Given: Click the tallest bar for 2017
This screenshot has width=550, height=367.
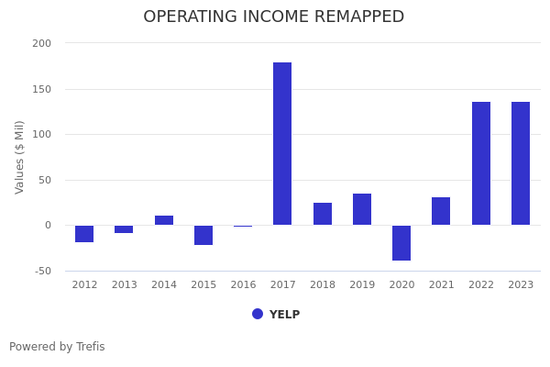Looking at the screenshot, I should [x=282, y=143].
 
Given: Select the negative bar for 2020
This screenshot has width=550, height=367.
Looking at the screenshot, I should [x=401, y=243].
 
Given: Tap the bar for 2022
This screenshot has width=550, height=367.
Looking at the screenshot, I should [x=481, y=163].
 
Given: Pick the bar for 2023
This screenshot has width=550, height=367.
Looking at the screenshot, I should [x=521, y=163].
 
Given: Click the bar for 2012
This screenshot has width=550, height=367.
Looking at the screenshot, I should [x=84, y=234].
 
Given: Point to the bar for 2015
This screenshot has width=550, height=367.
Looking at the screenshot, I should [x=203, y=235].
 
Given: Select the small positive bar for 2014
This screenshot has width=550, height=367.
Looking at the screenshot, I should [x=164, y=220].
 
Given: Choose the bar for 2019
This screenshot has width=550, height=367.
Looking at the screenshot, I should [x=362, y=209].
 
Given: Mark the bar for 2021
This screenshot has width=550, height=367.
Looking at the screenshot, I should [x=441, y=211].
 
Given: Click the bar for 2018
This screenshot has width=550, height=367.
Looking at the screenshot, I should [x=323, y=214].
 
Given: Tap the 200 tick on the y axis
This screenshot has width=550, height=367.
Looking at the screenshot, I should [x=42, y=43].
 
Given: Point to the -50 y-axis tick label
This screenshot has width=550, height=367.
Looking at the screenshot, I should [x=42, y=271].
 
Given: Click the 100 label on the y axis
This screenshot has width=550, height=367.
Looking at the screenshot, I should [x=42, y=134].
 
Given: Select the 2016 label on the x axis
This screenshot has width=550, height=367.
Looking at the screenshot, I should [x=243, y=285].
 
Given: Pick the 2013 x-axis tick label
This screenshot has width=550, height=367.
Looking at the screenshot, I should [x=124, y=285].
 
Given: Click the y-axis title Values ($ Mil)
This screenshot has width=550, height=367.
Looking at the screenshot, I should [x=20, y=157].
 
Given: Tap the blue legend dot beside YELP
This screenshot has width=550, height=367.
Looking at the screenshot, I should [x=258, y=314].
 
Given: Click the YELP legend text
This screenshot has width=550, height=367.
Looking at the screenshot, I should [x=284, y=315].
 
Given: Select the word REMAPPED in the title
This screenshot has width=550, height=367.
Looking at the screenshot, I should [x=355, y=17].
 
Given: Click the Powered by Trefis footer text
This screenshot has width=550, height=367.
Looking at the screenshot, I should [x=57, y=347].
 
